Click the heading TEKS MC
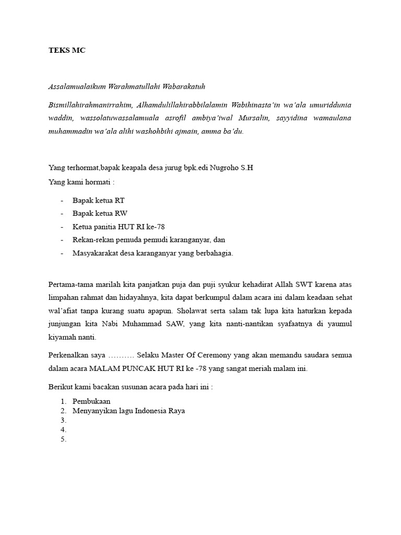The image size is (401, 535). [66, 51]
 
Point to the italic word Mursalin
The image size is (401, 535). [254, 118]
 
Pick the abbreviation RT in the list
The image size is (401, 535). [120, 201]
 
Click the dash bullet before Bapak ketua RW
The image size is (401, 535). [62, 214]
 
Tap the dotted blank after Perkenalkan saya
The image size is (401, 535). [122, 355]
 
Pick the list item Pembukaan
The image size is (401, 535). [91, 401]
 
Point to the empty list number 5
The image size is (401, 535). [64, 439]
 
